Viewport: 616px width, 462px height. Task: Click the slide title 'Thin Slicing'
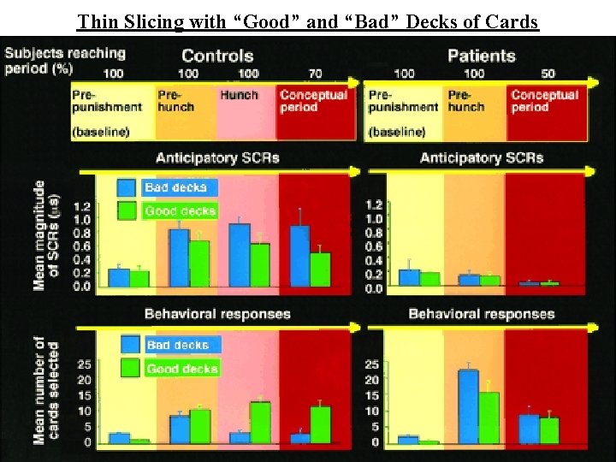[x=308, y=21]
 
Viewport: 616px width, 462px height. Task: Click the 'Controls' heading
[x=217, y=56]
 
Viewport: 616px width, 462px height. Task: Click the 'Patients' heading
[x=482, y=56]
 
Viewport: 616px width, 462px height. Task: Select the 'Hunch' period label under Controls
[x=239, y=95]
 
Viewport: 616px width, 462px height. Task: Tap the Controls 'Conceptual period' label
[x=312, y=101]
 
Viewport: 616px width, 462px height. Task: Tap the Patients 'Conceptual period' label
[x=544, y=101]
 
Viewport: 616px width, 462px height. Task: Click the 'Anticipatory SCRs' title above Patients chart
[x=481, y=157]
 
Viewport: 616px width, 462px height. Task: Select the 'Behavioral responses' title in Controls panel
[x=217, y=314]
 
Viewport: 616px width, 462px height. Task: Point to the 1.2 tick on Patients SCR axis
[x=374, y=205]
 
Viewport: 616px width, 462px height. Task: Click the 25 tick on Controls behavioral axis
[x=84, y=365]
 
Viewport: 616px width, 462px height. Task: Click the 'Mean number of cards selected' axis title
[x=46, y=390]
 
